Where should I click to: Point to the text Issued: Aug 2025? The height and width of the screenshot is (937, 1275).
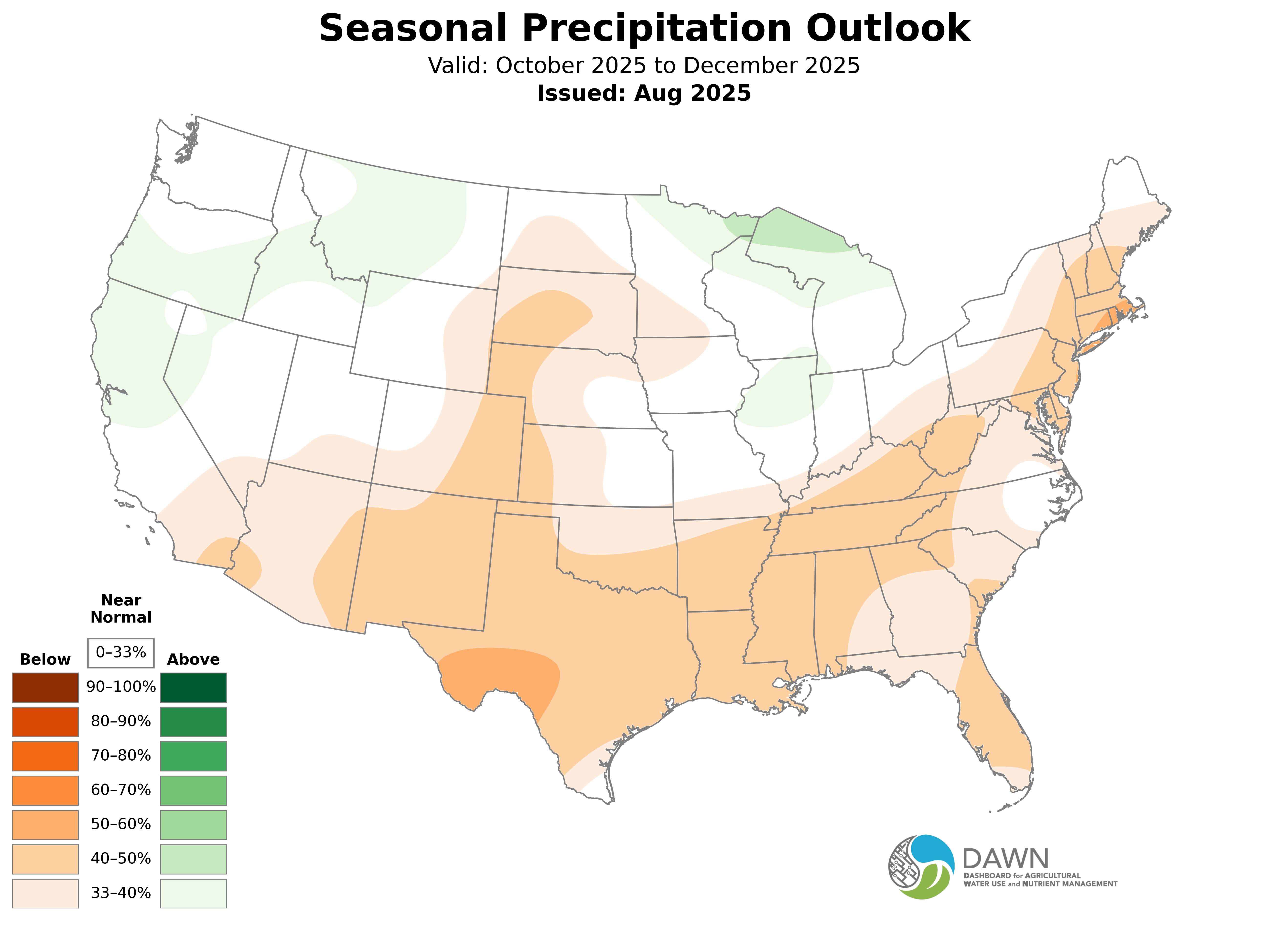pos(644,93)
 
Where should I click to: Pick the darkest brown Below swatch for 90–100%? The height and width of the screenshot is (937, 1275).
pos(45,688)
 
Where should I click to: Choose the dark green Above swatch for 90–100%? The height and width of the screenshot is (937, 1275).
pos(194,688)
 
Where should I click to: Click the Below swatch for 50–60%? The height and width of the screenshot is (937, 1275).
pos(45,825)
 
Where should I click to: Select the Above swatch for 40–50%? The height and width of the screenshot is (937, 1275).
pos(194,859)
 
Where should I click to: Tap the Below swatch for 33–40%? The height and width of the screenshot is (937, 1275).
pos(45,893)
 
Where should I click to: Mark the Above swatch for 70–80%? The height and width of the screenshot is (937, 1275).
pos(194,756)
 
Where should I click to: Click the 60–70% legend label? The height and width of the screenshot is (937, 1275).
pos(121,790)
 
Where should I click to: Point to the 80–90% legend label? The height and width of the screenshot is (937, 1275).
pos(121,722)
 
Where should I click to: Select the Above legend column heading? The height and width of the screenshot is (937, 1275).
pos(194,660)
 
